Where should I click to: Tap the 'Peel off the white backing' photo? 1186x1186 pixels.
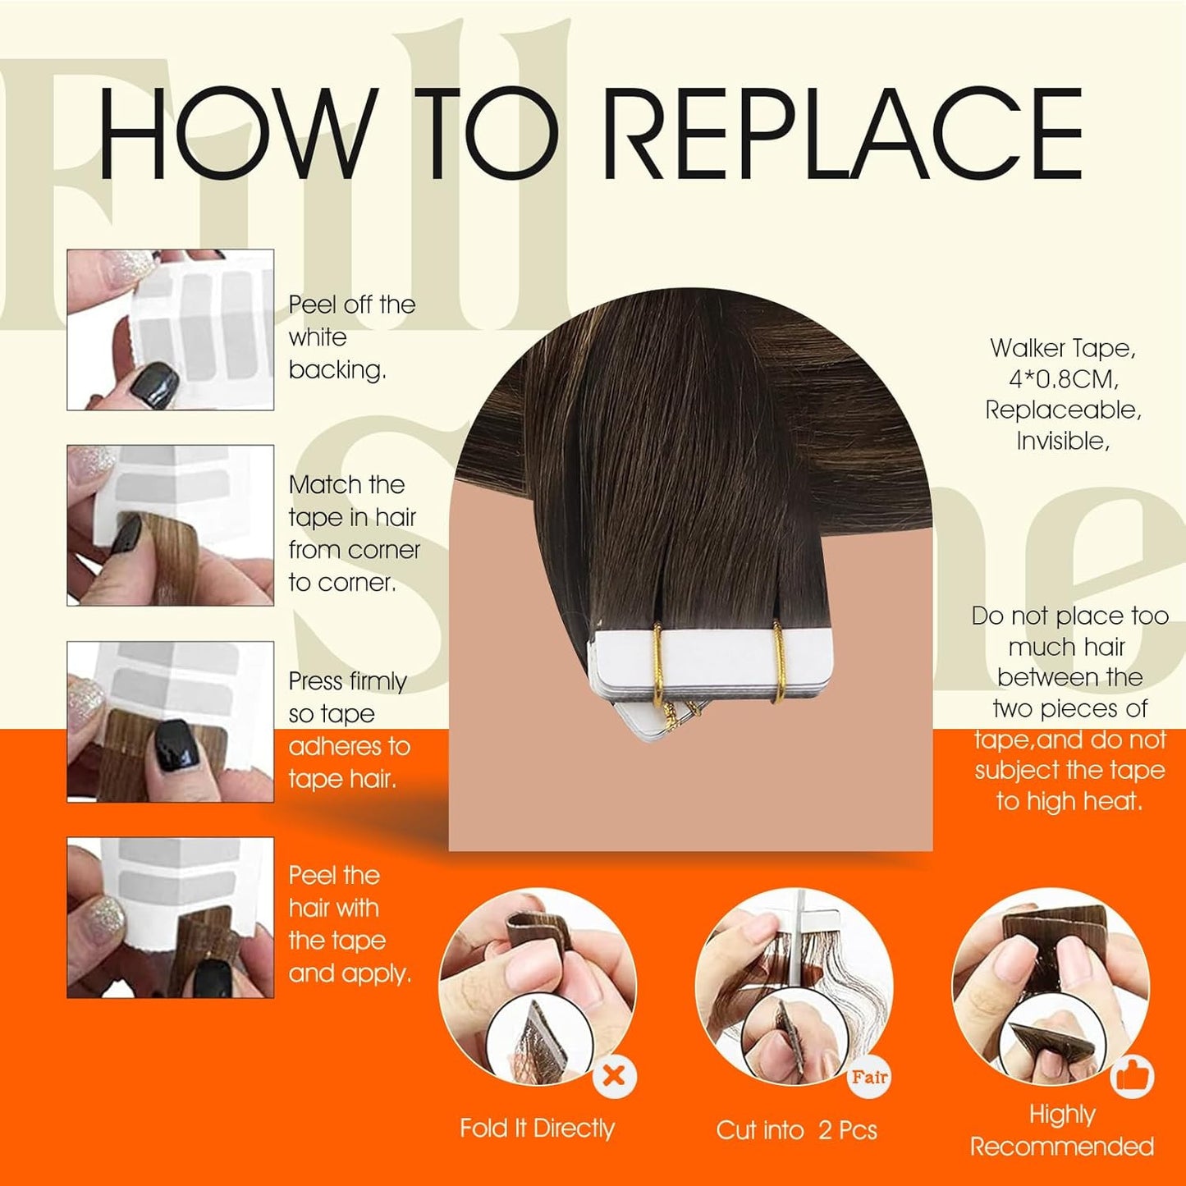170,329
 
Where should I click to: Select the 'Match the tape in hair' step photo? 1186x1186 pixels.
170,525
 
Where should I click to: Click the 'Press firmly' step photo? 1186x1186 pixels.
170,721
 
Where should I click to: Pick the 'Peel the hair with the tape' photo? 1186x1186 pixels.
170,918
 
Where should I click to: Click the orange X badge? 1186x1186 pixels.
614,1075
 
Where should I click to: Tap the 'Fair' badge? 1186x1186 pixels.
869,1077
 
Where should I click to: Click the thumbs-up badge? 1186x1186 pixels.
1133,1076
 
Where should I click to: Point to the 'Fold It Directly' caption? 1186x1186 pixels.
537,1129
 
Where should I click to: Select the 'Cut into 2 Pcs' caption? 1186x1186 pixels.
796,1130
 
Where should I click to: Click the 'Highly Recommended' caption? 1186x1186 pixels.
1062,1130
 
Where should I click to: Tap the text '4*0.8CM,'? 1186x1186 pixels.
1064,379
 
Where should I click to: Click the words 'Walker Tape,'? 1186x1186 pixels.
1063,348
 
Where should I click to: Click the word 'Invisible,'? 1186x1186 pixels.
1063,441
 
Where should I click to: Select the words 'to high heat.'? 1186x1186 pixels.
1069,801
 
